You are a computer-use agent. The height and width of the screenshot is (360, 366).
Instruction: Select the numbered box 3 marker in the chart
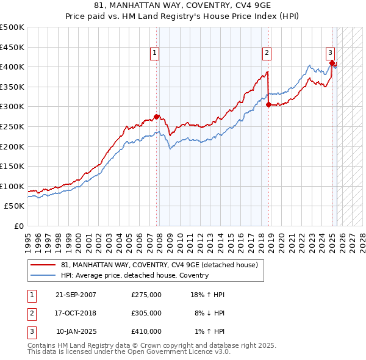tap(330, 53)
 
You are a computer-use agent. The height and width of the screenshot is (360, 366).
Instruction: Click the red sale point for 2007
tap(157, 117)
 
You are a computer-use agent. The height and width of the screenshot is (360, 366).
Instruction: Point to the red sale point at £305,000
tap(269, 104)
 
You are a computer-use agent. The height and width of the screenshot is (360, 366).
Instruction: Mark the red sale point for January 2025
tap(332, 63)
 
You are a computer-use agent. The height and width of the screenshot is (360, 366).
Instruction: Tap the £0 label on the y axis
tap(20, 226)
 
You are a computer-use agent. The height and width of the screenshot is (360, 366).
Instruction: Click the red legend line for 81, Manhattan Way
tap(43, 265)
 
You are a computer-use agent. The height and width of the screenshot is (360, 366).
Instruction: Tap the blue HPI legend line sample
tap(43, 275)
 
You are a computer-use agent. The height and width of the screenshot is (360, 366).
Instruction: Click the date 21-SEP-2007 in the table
tap(76, 295)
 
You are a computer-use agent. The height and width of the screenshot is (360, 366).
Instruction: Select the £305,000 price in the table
tap(146, 313)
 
